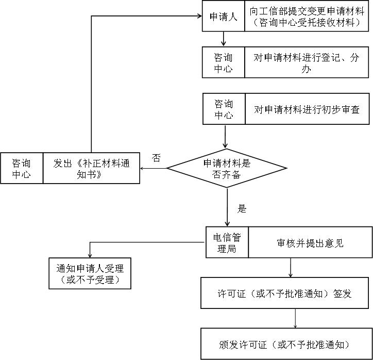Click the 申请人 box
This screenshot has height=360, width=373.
click(x=223, y=17)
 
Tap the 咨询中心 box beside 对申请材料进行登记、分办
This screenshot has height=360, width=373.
click(x=223, y=63)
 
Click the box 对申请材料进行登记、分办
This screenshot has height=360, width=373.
click(x=307, y=63)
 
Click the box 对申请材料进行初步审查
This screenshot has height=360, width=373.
click(x=307, y=109)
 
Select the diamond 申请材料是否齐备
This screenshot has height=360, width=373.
click(x=227, y=169)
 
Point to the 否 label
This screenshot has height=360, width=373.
click(x=157, y=158)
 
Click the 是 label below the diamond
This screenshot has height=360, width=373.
click(x=242, y=209)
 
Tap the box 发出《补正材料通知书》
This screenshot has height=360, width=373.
click(x=91, y=168)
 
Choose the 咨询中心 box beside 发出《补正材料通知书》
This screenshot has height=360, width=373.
click(x=22, y=168)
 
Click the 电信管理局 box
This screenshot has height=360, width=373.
click(x=227, y=242)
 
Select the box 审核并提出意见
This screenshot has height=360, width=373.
click(x=310, y=242)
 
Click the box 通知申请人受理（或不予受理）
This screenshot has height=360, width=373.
click(x=90, y=273)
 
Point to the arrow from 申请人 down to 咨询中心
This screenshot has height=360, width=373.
click(x=224, y=39)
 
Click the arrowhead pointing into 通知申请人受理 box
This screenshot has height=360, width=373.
click(x=90, y=255)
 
